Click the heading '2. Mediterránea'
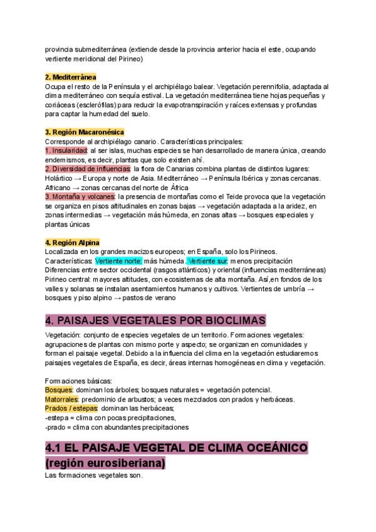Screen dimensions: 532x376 pyautogui.click(x=70, y=77)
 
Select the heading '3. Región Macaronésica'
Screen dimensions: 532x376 pyautogui.click(x=85, y=132)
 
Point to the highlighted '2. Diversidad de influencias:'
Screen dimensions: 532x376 pyautogui.click(x=88, y=169)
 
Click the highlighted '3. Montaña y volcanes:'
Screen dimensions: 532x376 pyautogui.click(x=80, y=196)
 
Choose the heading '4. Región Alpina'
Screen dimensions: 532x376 pyautogui.click(x=72, y=243)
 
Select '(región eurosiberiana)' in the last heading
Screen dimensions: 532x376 pyautogui.click(x=106, y=463)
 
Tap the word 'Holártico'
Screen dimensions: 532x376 pyautogui.click(x=59, y=178)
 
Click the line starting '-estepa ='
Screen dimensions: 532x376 pyautogui.click(x=110, y=418)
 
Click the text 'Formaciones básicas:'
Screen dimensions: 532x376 pyautogui.click(x=78, y=381)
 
